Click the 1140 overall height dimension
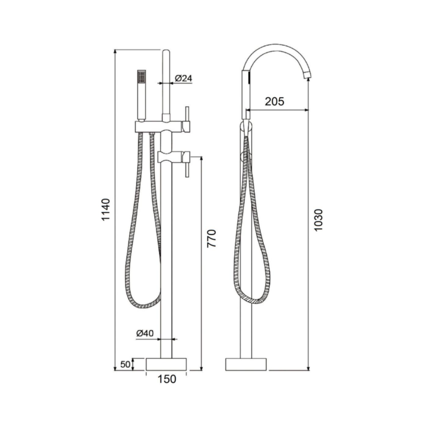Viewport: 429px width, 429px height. (106, 210)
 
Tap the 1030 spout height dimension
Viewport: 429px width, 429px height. (318, 220)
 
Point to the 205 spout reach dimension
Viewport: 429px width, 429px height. (274, 101)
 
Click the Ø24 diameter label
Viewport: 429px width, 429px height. (183, 79)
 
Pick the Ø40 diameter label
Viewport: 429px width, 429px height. (145, 333)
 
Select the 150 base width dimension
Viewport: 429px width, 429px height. (166, 379)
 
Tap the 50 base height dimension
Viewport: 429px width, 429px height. (125, 364)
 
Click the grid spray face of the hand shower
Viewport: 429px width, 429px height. (141, 77)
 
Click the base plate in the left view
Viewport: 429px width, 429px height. (166, 364)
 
